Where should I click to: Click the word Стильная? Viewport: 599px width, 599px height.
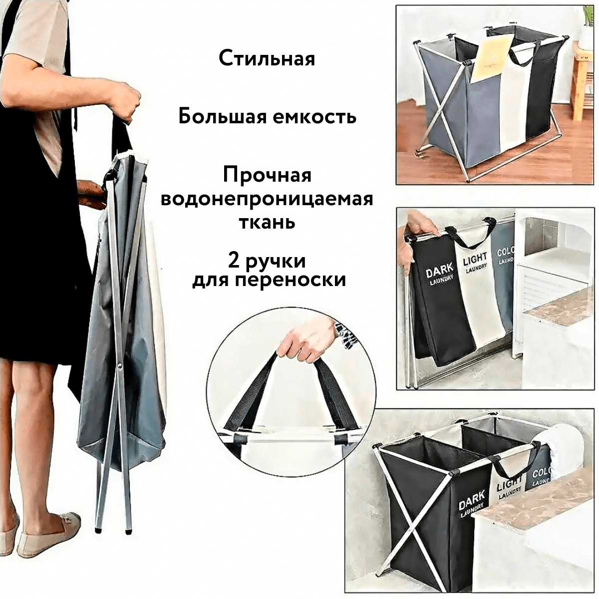pyautogui.click(x=267, y=59)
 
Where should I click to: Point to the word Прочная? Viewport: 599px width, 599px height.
pyautogui.click(x=267, y=176)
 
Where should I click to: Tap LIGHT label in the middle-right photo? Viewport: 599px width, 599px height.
pyautogui.click(x=475, y=261)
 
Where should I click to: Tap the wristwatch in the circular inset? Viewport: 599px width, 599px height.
pyautogui.click(x=345, y=334)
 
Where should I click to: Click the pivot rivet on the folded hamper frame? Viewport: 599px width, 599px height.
pyautogui.click(x=120, y=363)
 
